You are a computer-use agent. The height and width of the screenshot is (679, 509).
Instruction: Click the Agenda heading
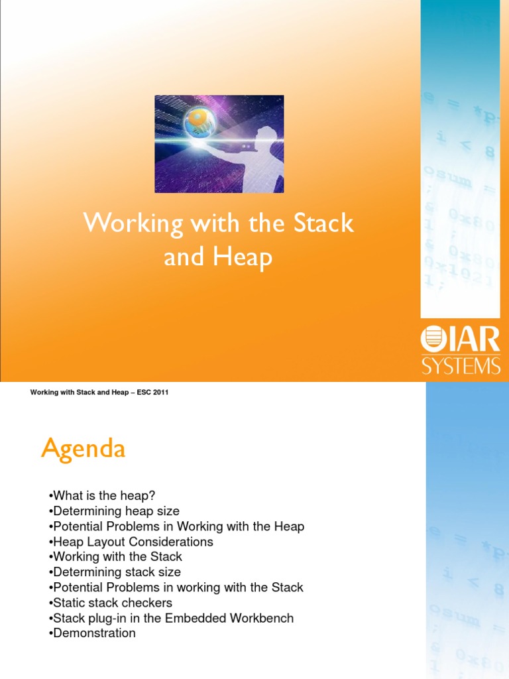83,450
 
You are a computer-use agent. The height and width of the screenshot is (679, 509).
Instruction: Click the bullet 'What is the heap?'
106,496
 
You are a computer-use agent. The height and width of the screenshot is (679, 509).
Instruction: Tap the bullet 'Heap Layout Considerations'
131,542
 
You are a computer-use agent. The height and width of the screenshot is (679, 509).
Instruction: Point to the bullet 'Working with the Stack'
115,557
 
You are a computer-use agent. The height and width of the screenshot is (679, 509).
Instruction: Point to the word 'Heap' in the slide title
243,257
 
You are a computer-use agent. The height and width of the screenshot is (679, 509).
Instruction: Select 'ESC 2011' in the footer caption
152,393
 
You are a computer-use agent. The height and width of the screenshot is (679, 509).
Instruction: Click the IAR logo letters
471,341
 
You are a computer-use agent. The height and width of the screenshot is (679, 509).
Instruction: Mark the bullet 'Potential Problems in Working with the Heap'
176,526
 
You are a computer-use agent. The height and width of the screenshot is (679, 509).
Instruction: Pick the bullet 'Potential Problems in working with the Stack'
176,587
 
